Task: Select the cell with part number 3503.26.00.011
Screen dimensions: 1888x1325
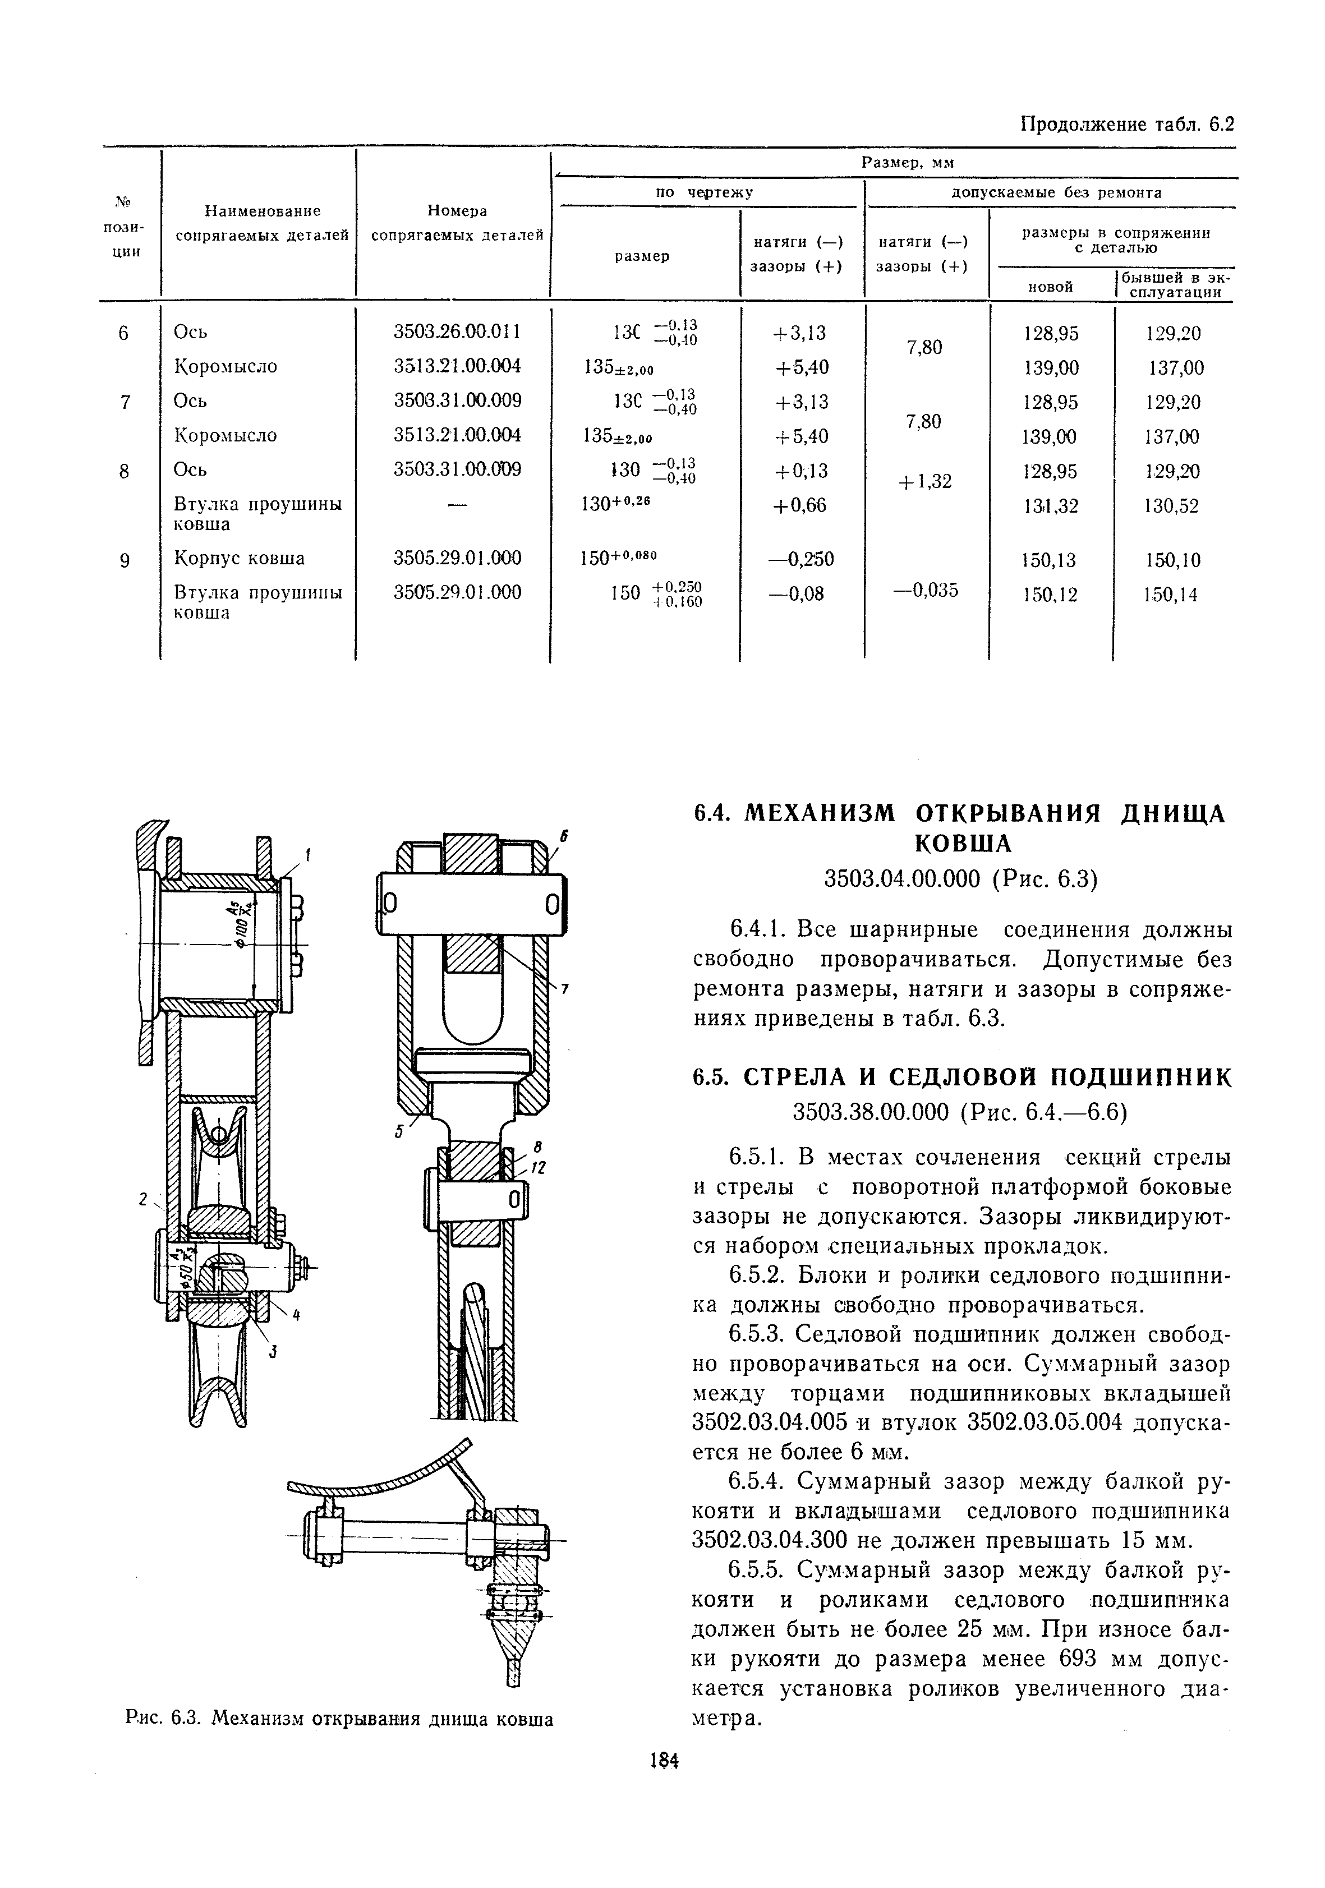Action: tap(457, 332)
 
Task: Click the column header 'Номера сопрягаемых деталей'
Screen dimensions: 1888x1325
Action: tap(457, 223)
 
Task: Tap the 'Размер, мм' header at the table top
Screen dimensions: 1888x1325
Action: tap(907, 163)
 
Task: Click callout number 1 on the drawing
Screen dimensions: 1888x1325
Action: tap(307, 856)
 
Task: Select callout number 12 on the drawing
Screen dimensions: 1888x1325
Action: tap(540, 1168)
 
